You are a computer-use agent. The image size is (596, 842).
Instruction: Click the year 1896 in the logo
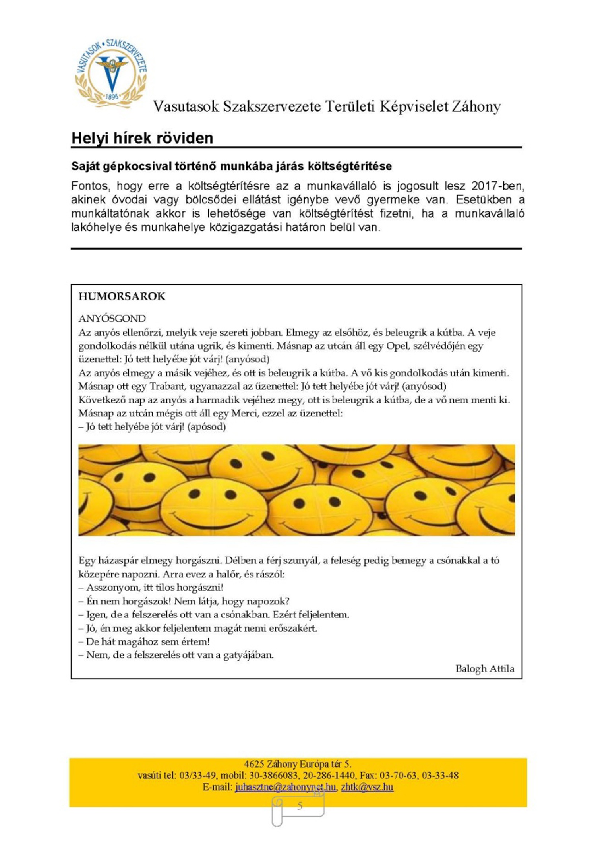112,97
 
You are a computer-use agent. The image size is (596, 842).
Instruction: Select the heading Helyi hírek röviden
142,138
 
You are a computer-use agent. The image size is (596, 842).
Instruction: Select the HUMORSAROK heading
122,296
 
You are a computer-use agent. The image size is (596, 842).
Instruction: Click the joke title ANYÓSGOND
112,318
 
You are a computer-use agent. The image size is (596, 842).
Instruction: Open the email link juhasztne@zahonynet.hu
285,787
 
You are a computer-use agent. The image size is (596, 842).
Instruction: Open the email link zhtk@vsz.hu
367,787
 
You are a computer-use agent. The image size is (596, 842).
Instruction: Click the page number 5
300,806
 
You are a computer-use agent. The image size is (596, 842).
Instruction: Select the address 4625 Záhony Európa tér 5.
298,764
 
